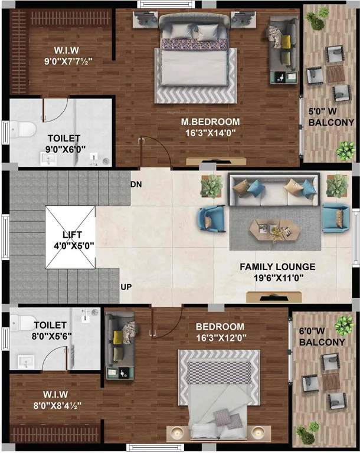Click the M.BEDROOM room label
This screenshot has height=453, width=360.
click(x=211, y=122)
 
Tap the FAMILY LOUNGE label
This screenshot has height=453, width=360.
click(x=277, y=267)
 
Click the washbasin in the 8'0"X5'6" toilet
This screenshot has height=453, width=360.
click(x=25, y=360)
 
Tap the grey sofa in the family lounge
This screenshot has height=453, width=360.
click(x=274, y=189)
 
